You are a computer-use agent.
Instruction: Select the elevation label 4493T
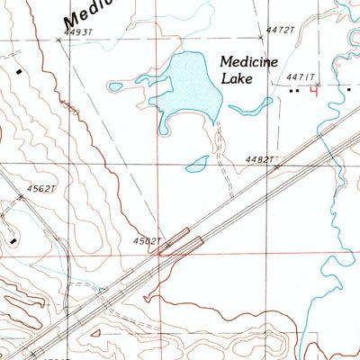[x=78, y=31]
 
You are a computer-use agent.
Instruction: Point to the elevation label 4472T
[x=280, y=30]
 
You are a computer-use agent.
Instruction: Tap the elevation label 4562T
[x=40, y=188]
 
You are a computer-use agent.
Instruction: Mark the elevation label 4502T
[x=147, y=241]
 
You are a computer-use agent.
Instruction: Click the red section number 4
[x=313, y=89]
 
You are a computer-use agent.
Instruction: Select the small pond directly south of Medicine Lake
[x=196, y=165]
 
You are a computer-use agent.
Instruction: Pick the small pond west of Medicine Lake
[x=114, y=87]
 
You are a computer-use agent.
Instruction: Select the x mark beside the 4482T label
[x=277, y=166]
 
